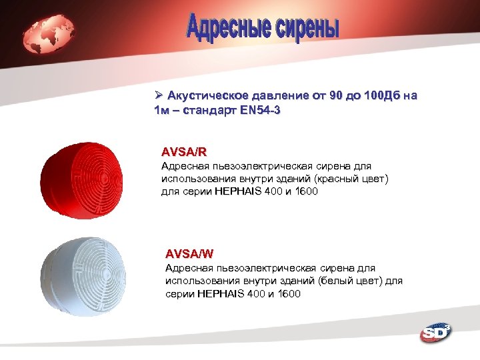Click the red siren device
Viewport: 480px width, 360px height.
coord(83,179)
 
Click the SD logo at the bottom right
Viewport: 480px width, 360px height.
coord(434,332)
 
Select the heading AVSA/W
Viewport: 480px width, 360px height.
coord(189,253)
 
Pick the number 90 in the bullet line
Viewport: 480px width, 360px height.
coord(337,96)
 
